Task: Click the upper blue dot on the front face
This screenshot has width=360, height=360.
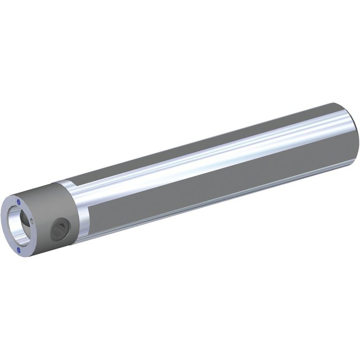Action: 19,202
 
